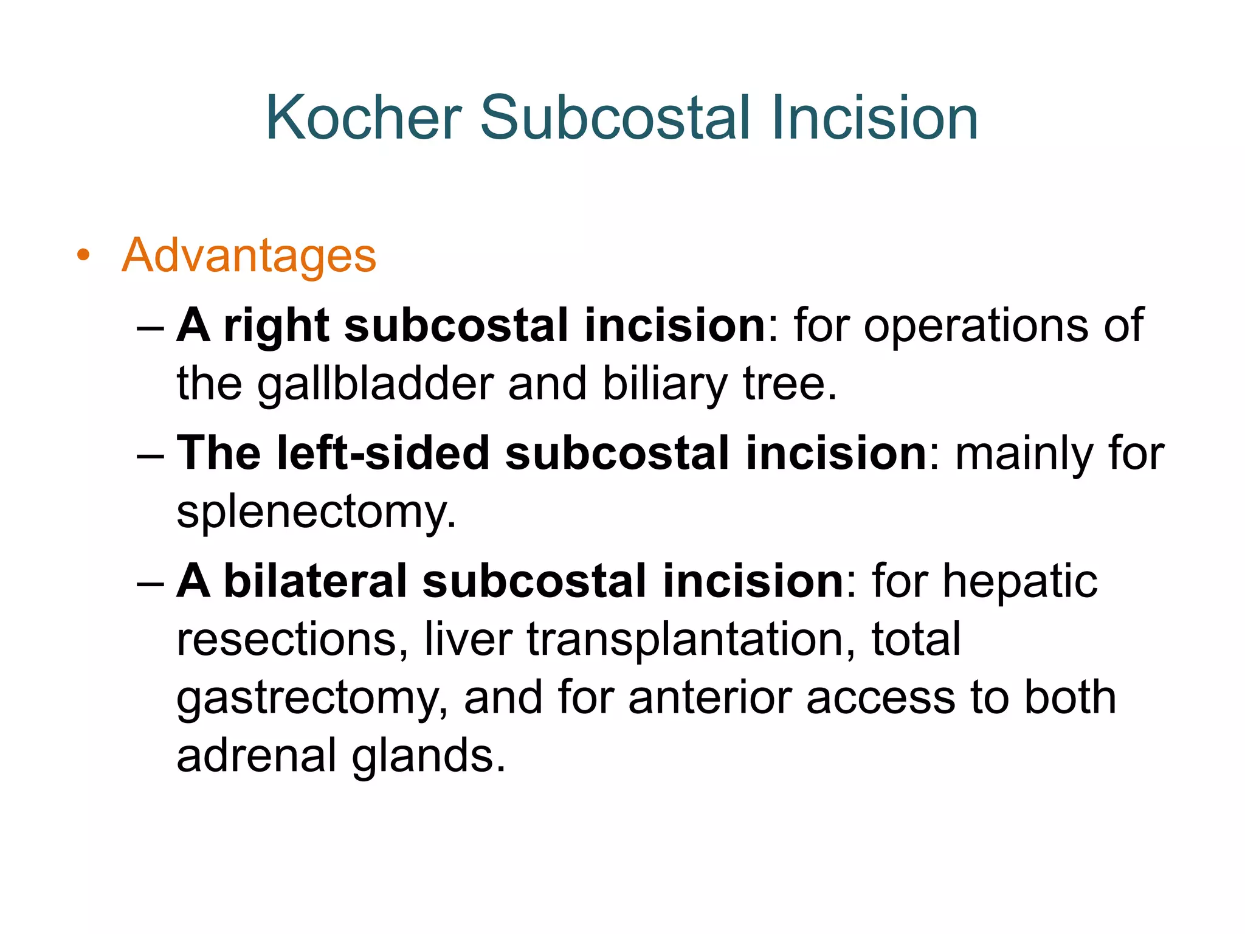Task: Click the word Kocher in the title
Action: click(364, 118)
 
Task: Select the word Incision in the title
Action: click(873, 118)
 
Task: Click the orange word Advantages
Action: click(249, 256)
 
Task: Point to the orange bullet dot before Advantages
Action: click(83, 255)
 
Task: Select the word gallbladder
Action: click(375, 385)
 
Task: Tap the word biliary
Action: click(665, 385)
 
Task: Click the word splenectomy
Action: click(316, 512)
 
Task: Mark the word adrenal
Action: click(256, 756)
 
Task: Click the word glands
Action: click(428, 756)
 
